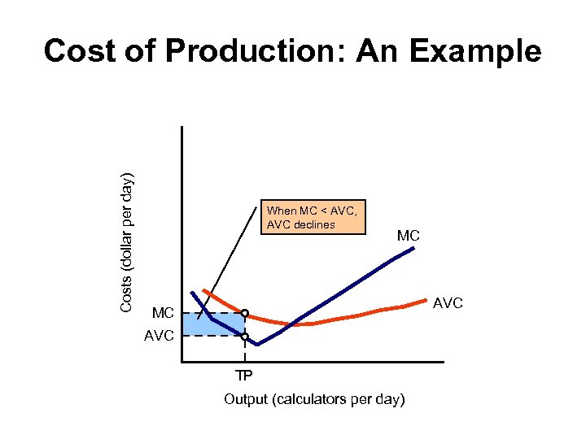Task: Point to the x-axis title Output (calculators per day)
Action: coord(314,399)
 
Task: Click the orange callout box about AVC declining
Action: coord(313,217)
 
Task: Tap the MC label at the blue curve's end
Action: coord(409,236)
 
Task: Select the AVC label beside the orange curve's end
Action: coord(448,303)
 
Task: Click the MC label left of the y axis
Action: coord(163,313)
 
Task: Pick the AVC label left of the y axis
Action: coord(160,335)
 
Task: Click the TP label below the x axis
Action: coord(244,376)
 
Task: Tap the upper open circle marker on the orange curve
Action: coord(244,313)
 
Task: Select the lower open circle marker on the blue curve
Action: coord(244,336)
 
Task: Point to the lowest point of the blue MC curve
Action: coord(257,345)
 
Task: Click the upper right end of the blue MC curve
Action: coord(413,248)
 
